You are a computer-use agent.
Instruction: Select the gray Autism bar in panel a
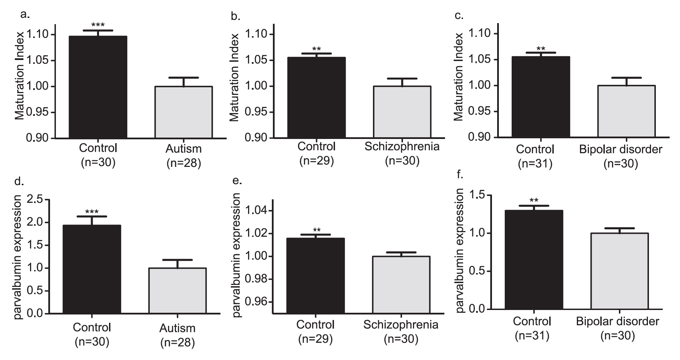coord(184,112)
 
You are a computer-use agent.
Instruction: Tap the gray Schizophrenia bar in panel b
coord(402,112)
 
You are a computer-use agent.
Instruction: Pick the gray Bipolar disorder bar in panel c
coord(627,111)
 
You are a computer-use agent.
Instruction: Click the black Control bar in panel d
coord(92,269)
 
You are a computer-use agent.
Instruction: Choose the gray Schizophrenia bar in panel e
coord(401,284)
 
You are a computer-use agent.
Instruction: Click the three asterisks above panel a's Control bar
coord(98,25)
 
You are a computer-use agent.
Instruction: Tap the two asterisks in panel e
coord(316,230)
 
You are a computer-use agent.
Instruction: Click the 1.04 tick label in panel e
coord(256,211)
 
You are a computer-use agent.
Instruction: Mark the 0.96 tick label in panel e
coord(256,302)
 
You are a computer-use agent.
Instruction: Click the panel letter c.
coord(459,16)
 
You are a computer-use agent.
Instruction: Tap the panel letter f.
coord(459,175)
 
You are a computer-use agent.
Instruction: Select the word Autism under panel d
coord(177,328)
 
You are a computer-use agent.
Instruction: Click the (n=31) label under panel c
coord(535,164)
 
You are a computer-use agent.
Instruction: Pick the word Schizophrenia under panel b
coord(402,147)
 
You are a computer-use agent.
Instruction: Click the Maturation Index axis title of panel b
coord(234,78)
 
